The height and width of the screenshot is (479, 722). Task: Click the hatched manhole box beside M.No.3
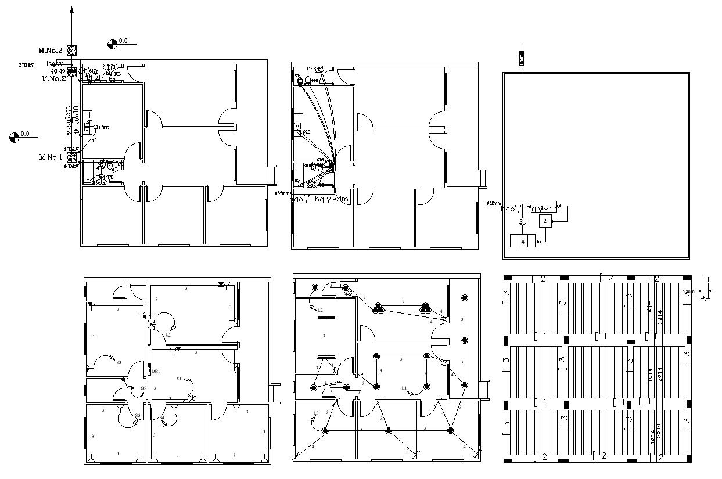pyautogui.click(x=72, y=51)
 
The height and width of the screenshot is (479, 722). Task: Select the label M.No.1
pyautogui.click(x=51, y=157)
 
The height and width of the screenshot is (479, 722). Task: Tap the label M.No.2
pyautogui.click(x=53, y=79)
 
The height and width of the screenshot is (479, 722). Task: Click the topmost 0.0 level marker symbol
pyautogui.click(x=113, y=43)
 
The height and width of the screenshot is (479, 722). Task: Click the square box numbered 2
pyautogui.click(x=544, y=221)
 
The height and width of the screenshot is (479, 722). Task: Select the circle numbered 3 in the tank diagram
pyautogui.click(x=522, y=221)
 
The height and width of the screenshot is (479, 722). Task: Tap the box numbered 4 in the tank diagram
pyautogui.click(x=522, y=240)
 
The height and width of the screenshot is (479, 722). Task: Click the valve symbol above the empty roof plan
pyautogui.click(x=521, y=58)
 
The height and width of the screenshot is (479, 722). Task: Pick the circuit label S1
pyautogui.click(x=179, y=379)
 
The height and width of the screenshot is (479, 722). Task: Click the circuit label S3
pyautogui.click(x=118, y=362)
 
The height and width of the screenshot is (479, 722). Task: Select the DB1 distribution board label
pyautogui.click(x=156, y=370)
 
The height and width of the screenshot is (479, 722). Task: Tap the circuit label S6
pyautogui.click(x=143, y=388)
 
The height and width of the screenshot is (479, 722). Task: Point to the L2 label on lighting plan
pyautogui.click(x=319, y=310)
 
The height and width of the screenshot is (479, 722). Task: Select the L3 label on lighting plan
pyautogui.click(x=316, y=413)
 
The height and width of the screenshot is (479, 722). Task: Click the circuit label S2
pyautogui.click(x=167, y=335)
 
